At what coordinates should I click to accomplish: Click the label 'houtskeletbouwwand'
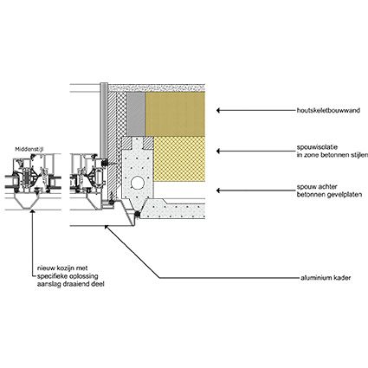pyautogui.click(x=328, y=110)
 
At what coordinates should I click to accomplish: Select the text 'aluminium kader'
pyautogui.click(x=326, y=278)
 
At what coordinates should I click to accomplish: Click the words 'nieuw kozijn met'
pyautogui.click(x=62, y=268)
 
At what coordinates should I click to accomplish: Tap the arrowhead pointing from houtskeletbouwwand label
pyautogui.click(x=219, y=110)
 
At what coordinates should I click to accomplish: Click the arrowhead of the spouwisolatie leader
pyautogui.click(x=219, y=151)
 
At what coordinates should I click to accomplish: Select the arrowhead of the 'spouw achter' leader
pyautogui.click(x=219, y=190)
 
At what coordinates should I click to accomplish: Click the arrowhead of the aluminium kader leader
pyautogui.click(x=107, y=227)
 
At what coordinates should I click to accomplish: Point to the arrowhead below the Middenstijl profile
pyautogui.click(x=33, y=212)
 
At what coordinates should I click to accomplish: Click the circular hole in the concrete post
pyautogui.click(x=136, y=183)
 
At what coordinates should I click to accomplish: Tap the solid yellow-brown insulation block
pyautogui.click(x=176, y=114)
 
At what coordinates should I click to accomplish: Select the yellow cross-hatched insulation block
pyautogui.click(x=179, y=158)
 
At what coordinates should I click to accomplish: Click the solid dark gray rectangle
pyautogui.click(x=136, y=114)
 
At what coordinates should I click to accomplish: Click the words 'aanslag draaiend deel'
pyautogui.click(x=71, y=284)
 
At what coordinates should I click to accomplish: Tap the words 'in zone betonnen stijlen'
pyautogui.click(x=332, y=155)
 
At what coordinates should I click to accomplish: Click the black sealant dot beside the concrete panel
pyautogui.click(x=138, y=214)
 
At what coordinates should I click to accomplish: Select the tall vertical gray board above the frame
pyautogui.click(x=104, y=121)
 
